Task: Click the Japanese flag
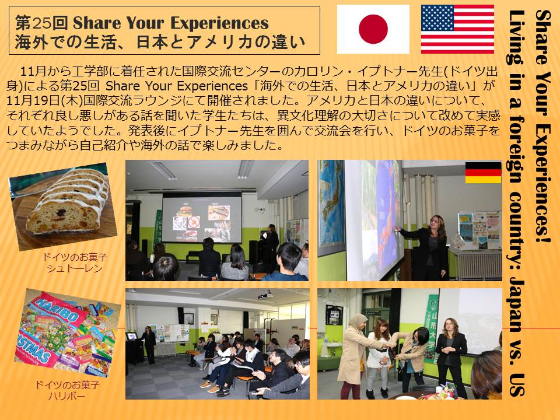click(x=373, y=29)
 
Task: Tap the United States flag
click(x=457, y=29)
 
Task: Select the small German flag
click(x=483, y=173)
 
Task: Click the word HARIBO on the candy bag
click(x=58, y=308)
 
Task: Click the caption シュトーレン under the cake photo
click(x=75, y=268)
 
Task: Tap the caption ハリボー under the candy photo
click(x=66, y=396)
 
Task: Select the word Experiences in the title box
click(x=219, y=23)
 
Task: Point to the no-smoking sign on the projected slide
click(x=194, y=222)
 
